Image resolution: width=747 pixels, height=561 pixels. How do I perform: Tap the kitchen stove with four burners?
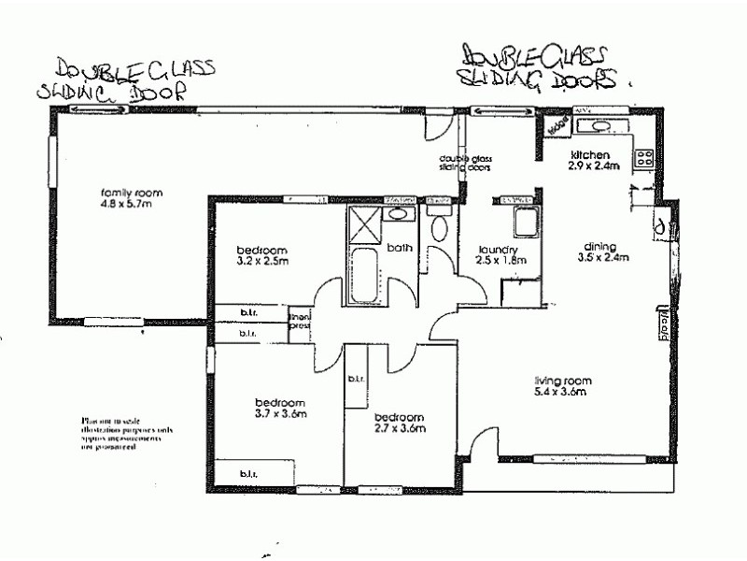pyautogui.click(x=643, y=159)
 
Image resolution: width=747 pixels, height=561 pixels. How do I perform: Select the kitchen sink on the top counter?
pyautogui.click(x=596, y=128)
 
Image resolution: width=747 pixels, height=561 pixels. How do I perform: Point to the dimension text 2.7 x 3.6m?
pyautogui.click(x=400, y=429)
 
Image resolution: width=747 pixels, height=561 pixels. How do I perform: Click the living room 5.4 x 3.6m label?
pyautogui.click(x=563, y=386)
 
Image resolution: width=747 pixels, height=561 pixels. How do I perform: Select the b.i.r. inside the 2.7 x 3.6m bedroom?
pyautogui.click(x=356, y=379)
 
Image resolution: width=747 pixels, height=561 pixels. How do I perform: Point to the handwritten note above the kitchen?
pyautogui.click(x=539, y=65)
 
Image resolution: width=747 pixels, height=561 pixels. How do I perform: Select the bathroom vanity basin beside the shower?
pyautogui.click(x=399, y=214)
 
